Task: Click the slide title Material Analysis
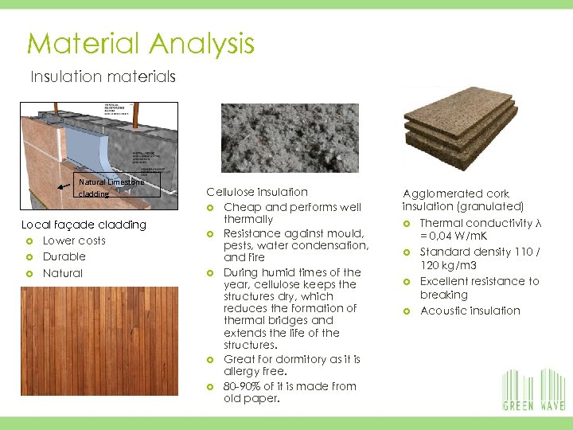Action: click(x=140, y=43)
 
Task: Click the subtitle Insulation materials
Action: click(x=103, y=77)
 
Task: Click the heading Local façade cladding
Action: click(x=84, y=225)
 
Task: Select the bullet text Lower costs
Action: click(x=74, y=240)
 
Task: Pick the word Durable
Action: click(x=64, y=256)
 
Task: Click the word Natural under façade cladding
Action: click(x=62, y=273)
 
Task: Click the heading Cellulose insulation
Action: click(x=256, y=192)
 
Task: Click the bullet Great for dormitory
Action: click(x=292, y=365)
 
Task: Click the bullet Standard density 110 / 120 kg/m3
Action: click(x=477, y=260)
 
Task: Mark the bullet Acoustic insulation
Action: click(x=470, y=311)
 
